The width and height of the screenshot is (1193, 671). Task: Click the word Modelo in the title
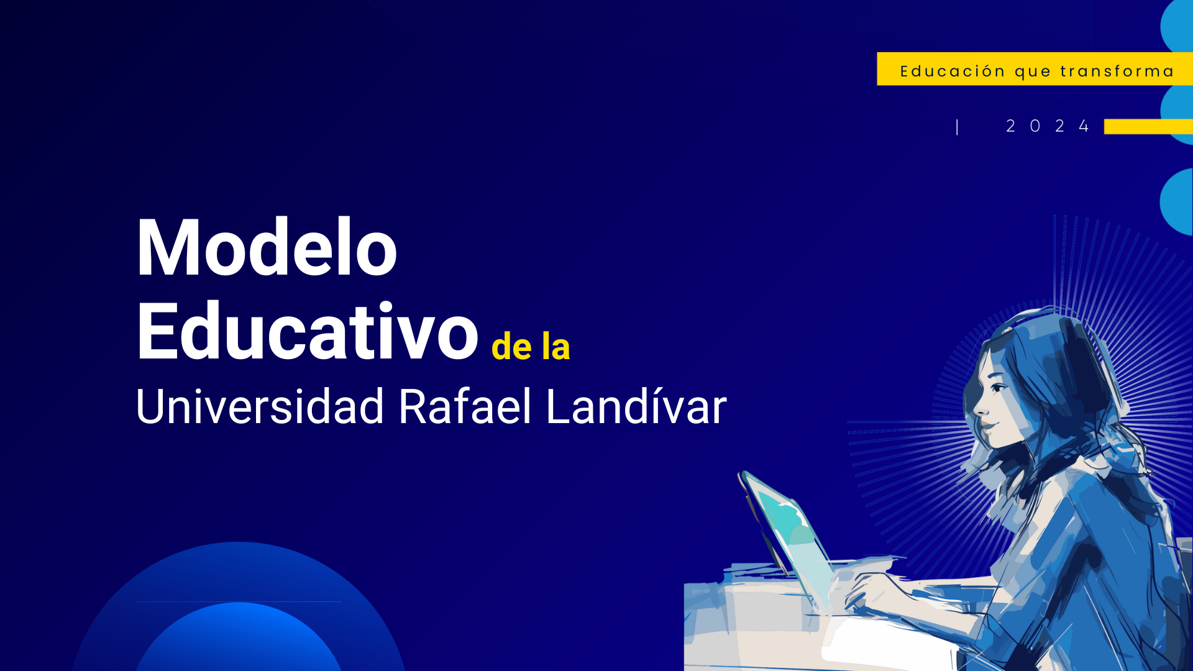266,249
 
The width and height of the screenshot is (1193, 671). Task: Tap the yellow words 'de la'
530,347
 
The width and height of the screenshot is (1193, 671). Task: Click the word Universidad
260,407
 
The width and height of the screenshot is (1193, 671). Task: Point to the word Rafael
465,407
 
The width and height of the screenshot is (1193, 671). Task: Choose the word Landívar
636,407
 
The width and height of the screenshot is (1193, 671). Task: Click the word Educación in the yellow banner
953,71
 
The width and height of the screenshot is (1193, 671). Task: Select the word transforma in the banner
1117,71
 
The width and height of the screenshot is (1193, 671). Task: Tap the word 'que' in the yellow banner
1033,72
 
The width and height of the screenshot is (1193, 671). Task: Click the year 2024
1048,126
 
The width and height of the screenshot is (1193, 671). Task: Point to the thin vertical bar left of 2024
957,127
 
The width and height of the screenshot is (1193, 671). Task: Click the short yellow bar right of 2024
1148,127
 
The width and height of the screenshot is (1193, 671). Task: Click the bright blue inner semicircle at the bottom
239,640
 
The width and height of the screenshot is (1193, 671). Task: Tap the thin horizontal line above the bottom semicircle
238,601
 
